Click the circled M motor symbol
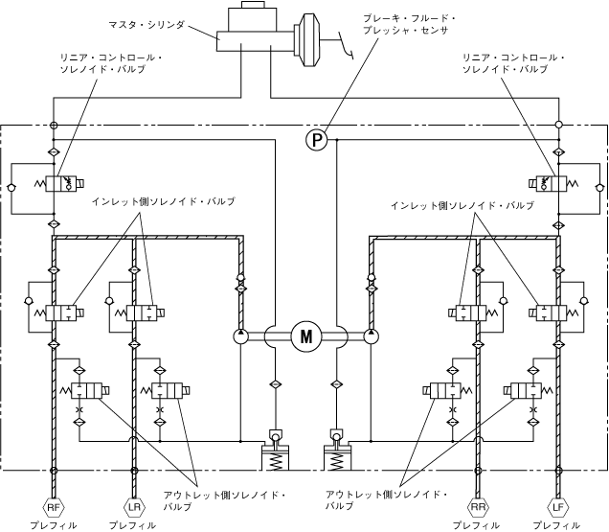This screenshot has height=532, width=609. (306, 336)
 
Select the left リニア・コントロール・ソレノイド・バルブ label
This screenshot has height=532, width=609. (111, 64)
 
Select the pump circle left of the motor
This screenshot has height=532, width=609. (239, 336)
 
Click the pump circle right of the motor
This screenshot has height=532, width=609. (372, 336)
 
